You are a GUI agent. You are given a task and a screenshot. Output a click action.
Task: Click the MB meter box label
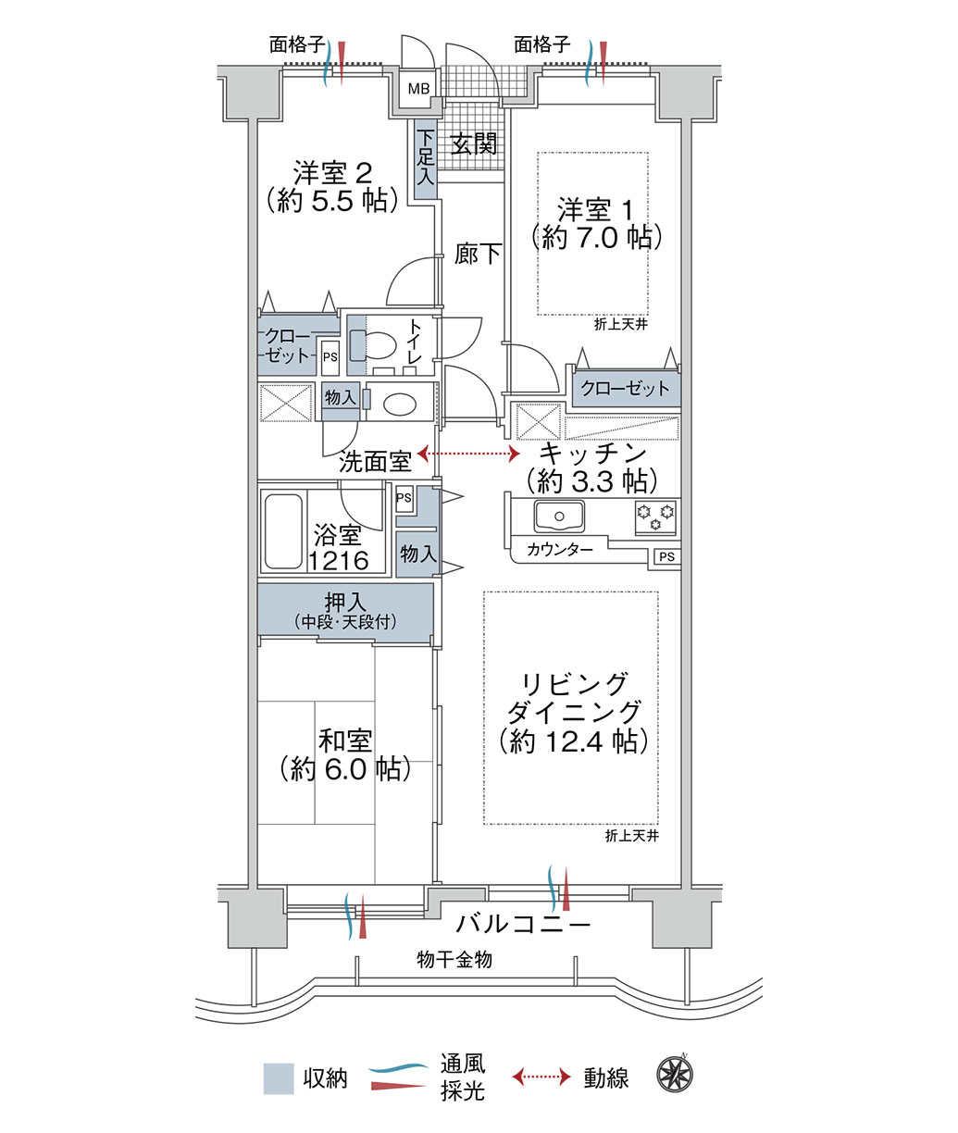coord(418,88)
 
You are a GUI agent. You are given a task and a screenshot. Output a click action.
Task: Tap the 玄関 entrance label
coord(474,144)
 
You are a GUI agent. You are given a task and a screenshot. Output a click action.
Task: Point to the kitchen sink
coord(559,516)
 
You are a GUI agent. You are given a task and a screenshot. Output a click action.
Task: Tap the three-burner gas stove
coord(655,517)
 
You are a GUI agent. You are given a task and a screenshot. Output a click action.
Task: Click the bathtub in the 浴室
coord(283,531)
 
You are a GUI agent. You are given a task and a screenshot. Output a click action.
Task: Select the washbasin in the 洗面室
coord(400,405)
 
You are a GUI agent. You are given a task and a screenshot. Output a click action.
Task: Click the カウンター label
coord(560,549)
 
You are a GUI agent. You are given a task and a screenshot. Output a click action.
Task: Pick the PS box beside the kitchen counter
coord(667,557)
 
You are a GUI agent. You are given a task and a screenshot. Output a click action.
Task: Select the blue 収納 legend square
coord(279,1078)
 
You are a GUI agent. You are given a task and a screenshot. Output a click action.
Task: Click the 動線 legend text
coord(605,1078)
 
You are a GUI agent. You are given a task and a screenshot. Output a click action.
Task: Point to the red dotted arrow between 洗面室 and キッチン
coord(468,454)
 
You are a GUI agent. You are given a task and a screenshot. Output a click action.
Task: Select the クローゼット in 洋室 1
coord(626,389)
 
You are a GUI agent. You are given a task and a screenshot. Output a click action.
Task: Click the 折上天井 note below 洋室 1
coord(621,325)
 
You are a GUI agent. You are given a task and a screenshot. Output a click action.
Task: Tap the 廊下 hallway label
coord(478,254)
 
